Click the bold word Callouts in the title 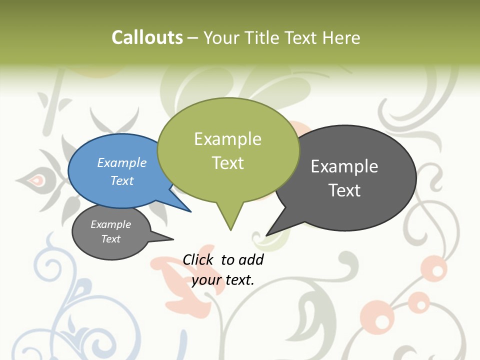coord(147,37)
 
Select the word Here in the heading coord(341,37)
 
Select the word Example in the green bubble coord(227,138)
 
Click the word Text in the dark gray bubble coord(344,190)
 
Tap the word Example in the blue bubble coord(122,162)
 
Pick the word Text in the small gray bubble coord(111,239)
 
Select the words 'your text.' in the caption coord(223,279)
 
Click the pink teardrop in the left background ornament coord(35,179)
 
